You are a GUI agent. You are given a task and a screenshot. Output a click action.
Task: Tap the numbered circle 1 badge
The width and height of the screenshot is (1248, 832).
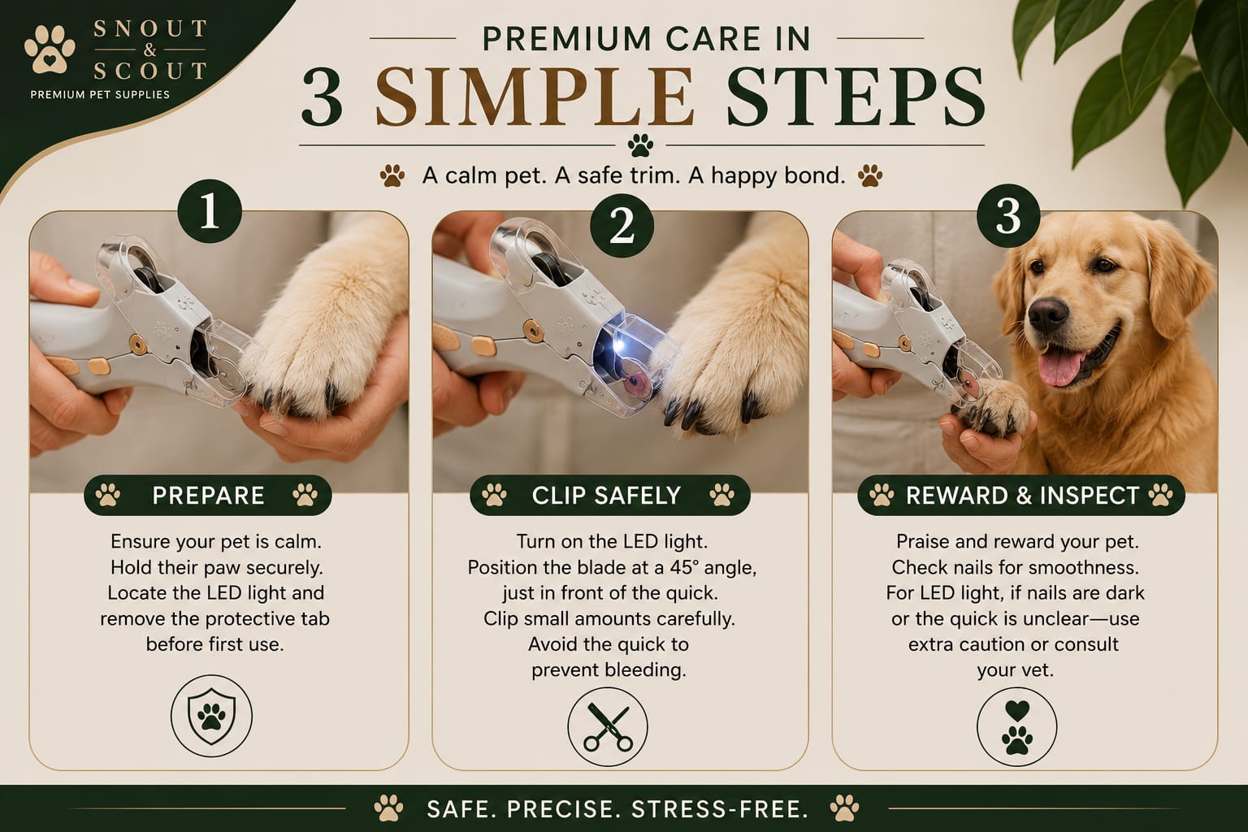pos(210,211)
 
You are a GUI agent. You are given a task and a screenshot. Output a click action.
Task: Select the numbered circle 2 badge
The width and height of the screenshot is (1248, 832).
pos(622,226)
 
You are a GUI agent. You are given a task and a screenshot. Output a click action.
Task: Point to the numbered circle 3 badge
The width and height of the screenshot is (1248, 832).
pos(1008,215)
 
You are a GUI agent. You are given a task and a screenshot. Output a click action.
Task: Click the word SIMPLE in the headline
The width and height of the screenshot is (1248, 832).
pos(535,97)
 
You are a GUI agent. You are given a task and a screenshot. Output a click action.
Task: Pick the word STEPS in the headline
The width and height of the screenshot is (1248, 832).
pos(856,97)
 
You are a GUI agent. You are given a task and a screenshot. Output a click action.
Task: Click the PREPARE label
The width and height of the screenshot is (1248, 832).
pos(208,496)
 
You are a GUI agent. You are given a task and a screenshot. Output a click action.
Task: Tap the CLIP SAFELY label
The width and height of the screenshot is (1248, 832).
pos(606,496)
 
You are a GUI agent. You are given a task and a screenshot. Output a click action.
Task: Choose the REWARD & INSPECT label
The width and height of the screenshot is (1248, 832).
pos(1022,496)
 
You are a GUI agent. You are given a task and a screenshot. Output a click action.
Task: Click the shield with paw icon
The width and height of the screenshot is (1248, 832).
pos(212,716)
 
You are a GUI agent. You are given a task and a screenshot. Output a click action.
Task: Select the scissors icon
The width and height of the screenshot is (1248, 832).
pos(608,726)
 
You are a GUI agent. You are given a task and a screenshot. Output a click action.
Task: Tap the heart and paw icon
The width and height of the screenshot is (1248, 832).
pos(1016,726)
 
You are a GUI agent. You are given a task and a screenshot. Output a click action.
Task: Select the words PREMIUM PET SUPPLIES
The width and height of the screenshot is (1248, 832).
pos(100,95)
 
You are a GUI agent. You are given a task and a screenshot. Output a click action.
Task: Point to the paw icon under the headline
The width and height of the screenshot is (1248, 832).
pos(640,145)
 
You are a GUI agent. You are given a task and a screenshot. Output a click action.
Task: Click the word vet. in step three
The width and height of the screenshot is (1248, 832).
pos(1037,669)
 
